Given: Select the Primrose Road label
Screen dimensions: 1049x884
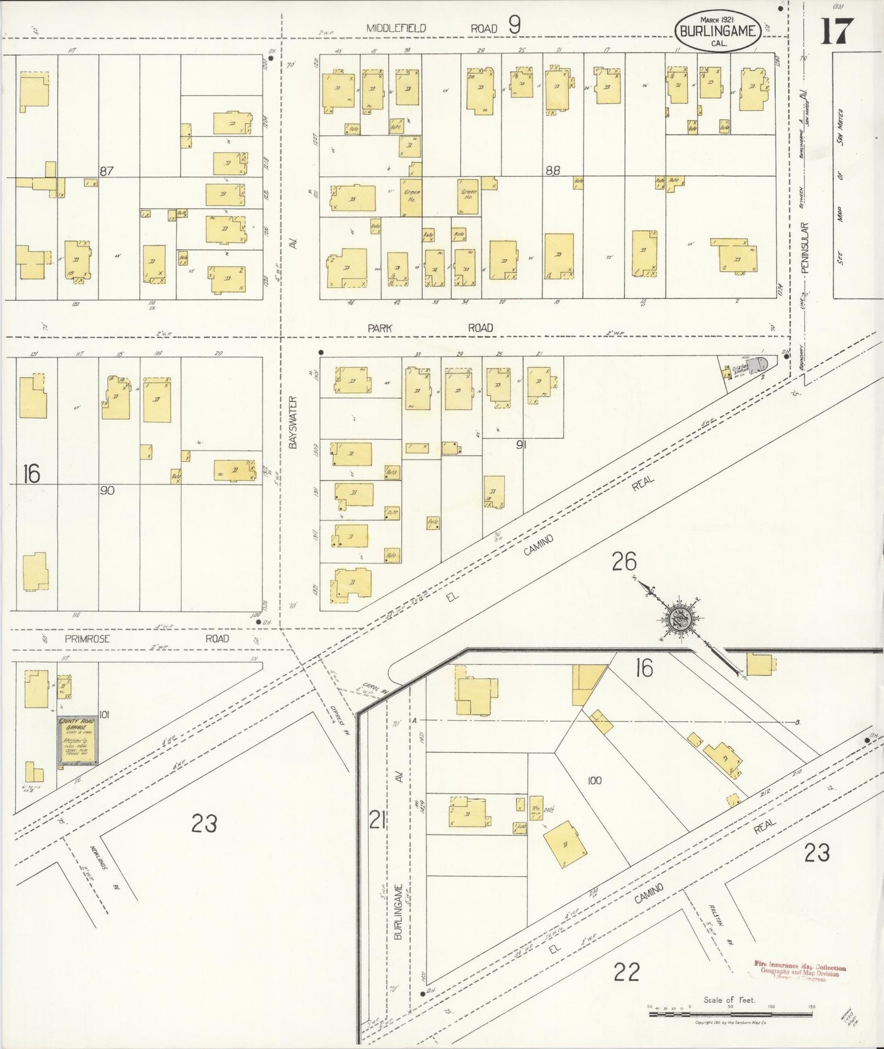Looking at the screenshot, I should point(147,638).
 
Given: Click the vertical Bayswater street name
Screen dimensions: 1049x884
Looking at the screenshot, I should point(292,422).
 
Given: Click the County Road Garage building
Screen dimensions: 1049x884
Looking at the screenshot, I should point(76,741).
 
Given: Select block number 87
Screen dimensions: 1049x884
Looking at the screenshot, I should point(107,171).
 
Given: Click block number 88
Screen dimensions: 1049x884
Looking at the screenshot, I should point(552,171).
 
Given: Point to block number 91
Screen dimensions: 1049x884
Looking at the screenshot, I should point(521,445).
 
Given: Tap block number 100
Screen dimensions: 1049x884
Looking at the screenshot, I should point(594,780).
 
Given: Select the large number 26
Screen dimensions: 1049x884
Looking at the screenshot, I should point(624,561).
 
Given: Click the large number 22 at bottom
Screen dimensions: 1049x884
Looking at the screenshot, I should point(627,971).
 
